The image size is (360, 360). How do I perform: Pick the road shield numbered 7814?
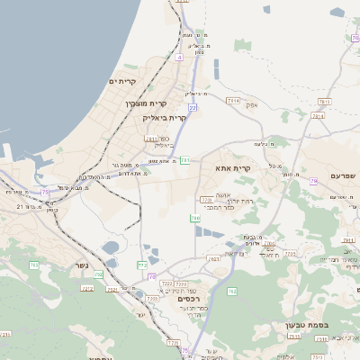[x=232, y=102]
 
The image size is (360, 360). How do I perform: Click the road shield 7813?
[x=324, y=102]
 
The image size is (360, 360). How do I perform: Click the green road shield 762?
[x=231, y=292]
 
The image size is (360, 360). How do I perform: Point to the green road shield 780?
[x=194, y=219]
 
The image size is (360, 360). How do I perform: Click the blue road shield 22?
[x=193, y=107]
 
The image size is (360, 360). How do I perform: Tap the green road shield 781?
[x=184, y=160]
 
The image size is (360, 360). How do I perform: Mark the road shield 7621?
[x=214, y=259]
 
